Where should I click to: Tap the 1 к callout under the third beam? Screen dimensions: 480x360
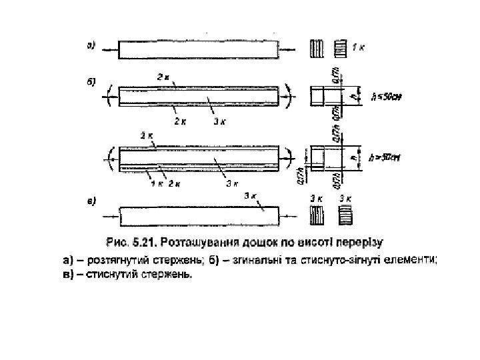155,183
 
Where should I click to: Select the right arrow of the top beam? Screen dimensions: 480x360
289,50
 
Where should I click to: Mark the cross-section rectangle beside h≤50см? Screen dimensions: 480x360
327,96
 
